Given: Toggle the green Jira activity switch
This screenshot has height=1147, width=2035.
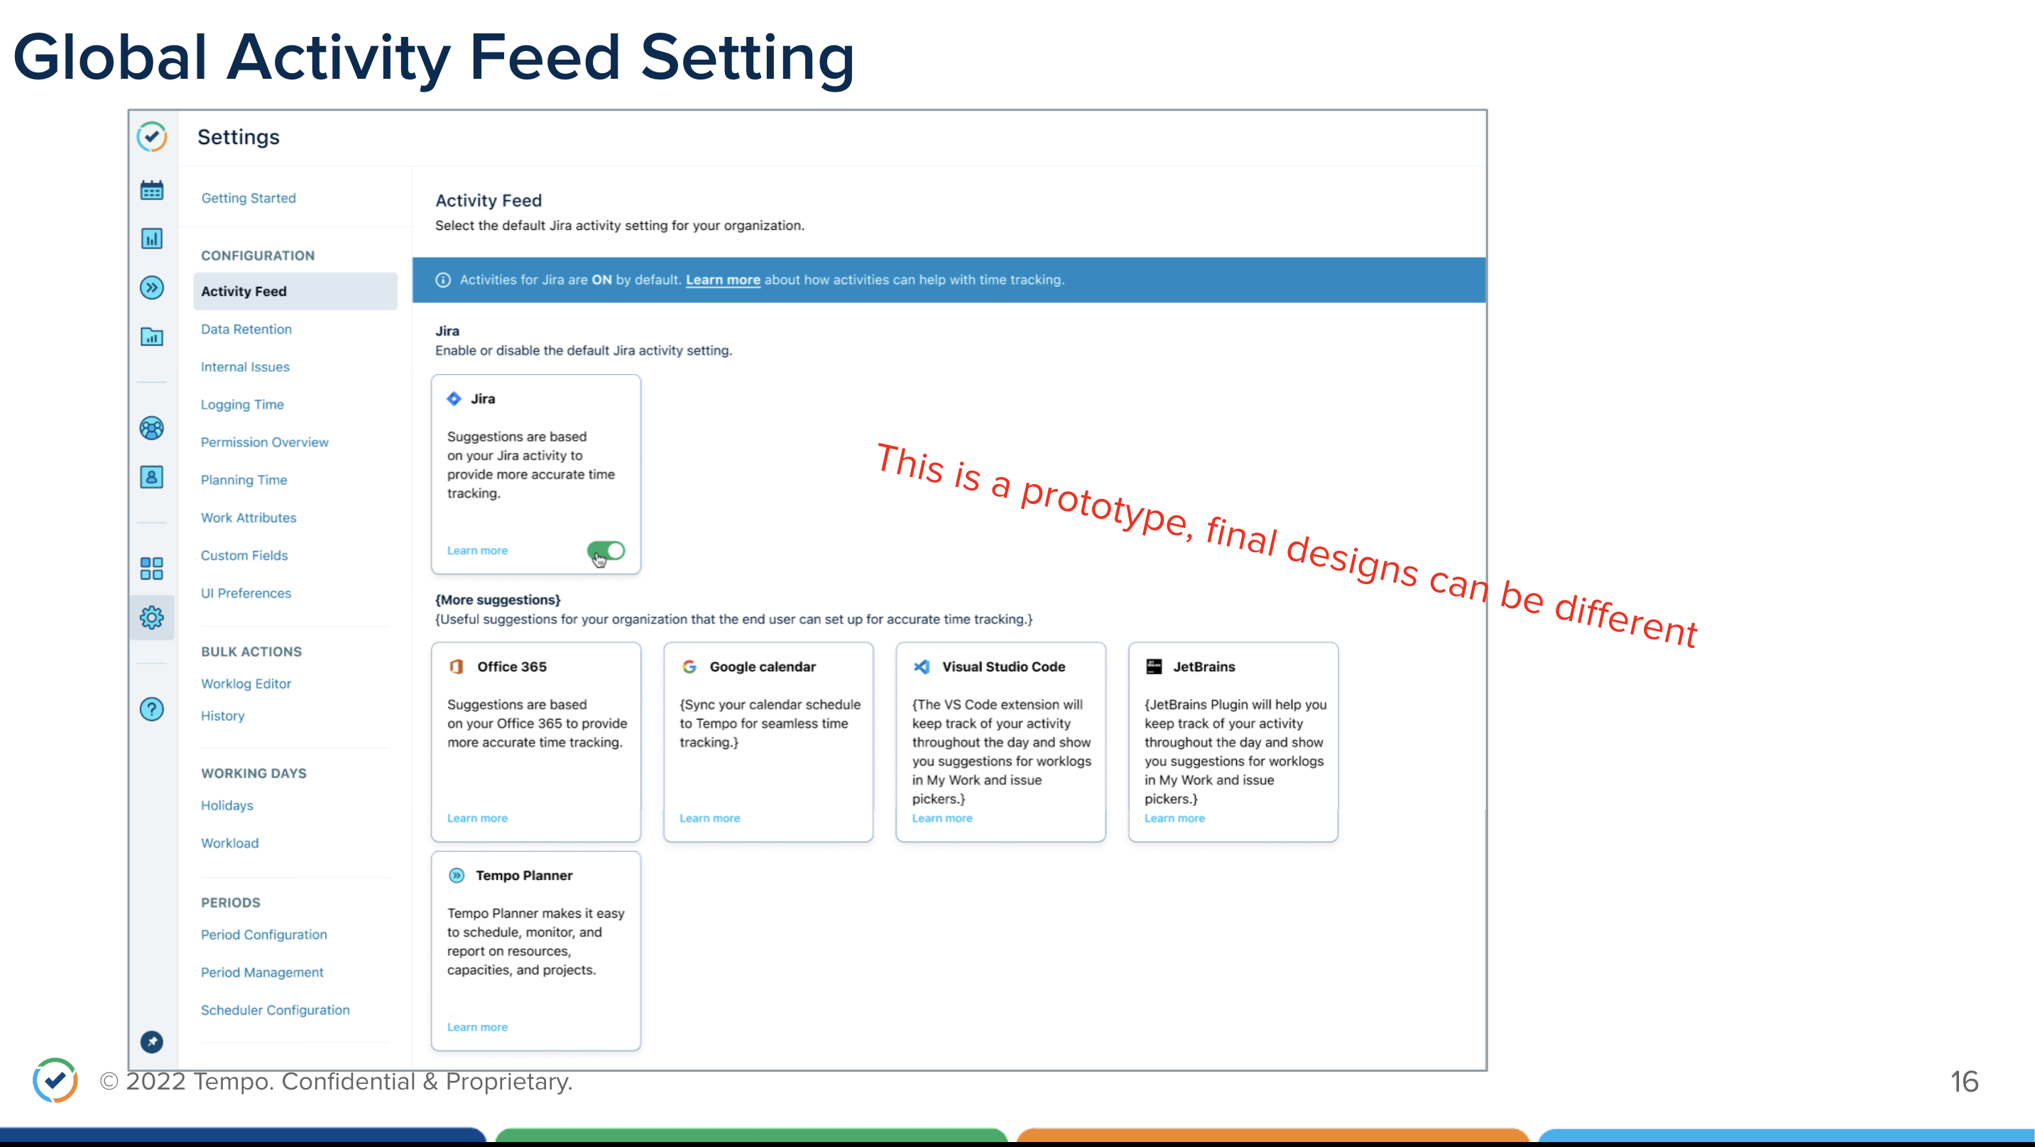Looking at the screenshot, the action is pos(606,551).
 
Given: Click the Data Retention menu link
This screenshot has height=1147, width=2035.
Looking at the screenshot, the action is pos(246,329).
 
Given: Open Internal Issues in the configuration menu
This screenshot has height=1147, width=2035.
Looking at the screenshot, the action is pos(245,366).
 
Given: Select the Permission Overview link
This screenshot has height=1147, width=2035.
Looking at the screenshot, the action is pos(265,442).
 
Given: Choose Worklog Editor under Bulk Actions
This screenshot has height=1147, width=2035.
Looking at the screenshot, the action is pos(246,684).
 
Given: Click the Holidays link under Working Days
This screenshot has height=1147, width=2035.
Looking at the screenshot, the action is pos(227,806).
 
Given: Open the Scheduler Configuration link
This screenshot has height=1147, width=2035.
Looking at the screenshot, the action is pos(275,1010).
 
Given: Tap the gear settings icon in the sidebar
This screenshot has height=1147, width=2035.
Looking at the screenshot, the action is pos(152,618).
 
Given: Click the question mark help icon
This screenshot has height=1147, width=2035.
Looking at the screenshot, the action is pos(152,709).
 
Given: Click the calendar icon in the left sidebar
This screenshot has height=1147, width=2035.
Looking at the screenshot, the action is pos(152,190).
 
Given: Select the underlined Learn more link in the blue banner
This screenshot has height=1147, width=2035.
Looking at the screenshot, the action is pos(723,280).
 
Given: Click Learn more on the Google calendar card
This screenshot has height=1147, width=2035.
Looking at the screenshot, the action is pos(709,818).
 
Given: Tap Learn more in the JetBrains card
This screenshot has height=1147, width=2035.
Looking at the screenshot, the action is pos(1174,818).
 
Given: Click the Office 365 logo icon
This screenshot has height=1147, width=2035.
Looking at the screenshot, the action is pos(456,666).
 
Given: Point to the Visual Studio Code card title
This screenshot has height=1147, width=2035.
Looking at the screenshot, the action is pos(1003,666).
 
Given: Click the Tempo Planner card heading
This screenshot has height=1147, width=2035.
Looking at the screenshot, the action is pos(524,875).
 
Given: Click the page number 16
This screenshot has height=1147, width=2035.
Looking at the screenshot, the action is pos(1964,1082).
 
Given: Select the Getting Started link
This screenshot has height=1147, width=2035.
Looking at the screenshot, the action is pos(248,198).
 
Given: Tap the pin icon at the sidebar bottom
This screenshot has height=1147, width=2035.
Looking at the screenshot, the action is pos(152,1042).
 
